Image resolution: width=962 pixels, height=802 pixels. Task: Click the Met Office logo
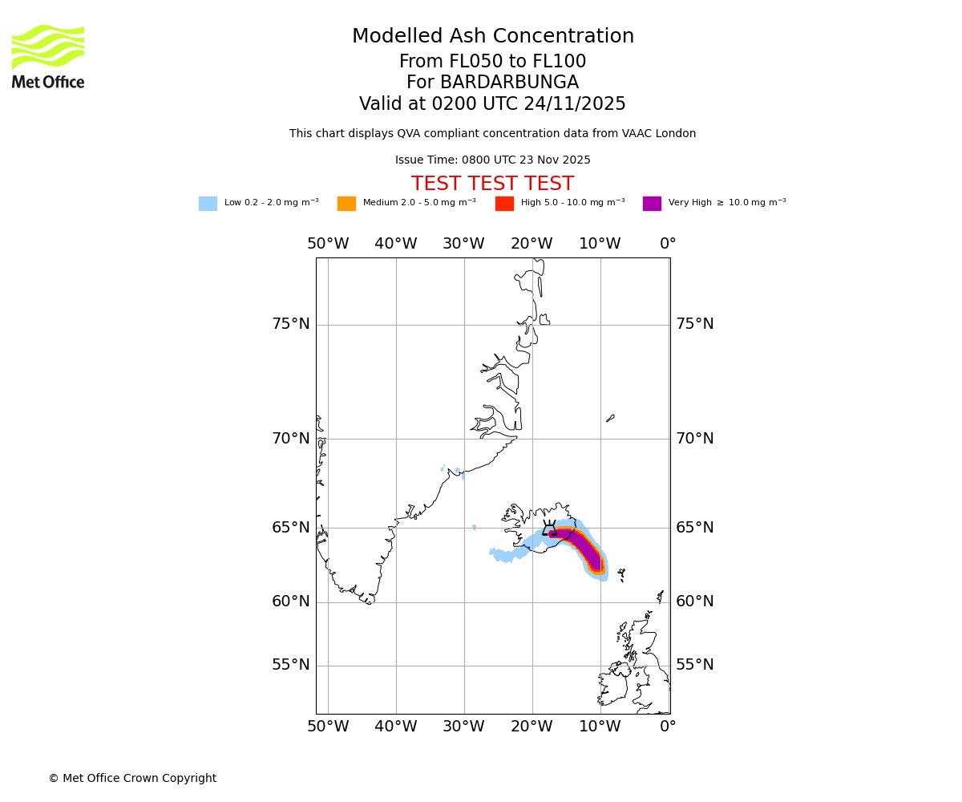coord(48,56)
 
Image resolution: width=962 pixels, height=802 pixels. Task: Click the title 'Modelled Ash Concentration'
coord(492,37)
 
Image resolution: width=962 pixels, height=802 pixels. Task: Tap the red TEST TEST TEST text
coord(492,184)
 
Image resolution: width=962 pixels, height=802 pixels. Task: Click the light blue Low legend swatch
coord(208,204)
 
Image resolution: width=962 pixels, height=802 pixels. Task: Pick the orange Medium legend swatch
coord(346,204)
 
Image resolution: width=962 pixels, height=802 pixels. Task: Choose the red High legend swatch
coord(504,204)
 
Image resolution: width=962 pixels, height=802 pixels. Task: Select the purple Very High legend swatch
coord(652,204)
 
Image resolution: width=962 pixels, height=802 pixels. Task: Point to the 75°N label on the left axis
coord(290,324)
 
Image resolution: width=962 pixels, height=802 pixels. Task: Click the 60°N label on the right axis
coord(694,601)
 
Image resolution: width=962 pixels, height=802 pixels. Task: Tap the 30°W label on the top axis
coord(463,244)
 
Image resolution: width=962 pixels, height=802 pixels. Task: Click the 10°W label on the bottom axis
coord(600,727)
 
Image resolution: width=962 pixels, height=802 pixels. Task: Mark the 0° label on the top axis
coord(668,244)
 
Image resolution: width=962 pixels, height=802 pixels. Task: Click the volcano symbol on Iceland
coord(550,529)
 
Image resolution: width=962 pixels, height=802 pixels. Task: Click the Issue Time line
coord(492,160)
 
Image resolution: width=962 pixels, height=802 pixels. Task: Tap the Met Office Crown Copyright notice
coord(132,779)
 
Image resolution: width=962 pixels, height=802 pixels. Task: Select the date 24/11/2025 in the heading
coord(575,104)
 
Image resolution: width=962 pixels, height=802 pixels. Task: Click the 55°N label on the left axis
coord(290,665)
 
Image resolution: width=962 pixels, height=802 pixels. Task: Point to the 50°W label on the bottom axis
coord(328,727)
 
